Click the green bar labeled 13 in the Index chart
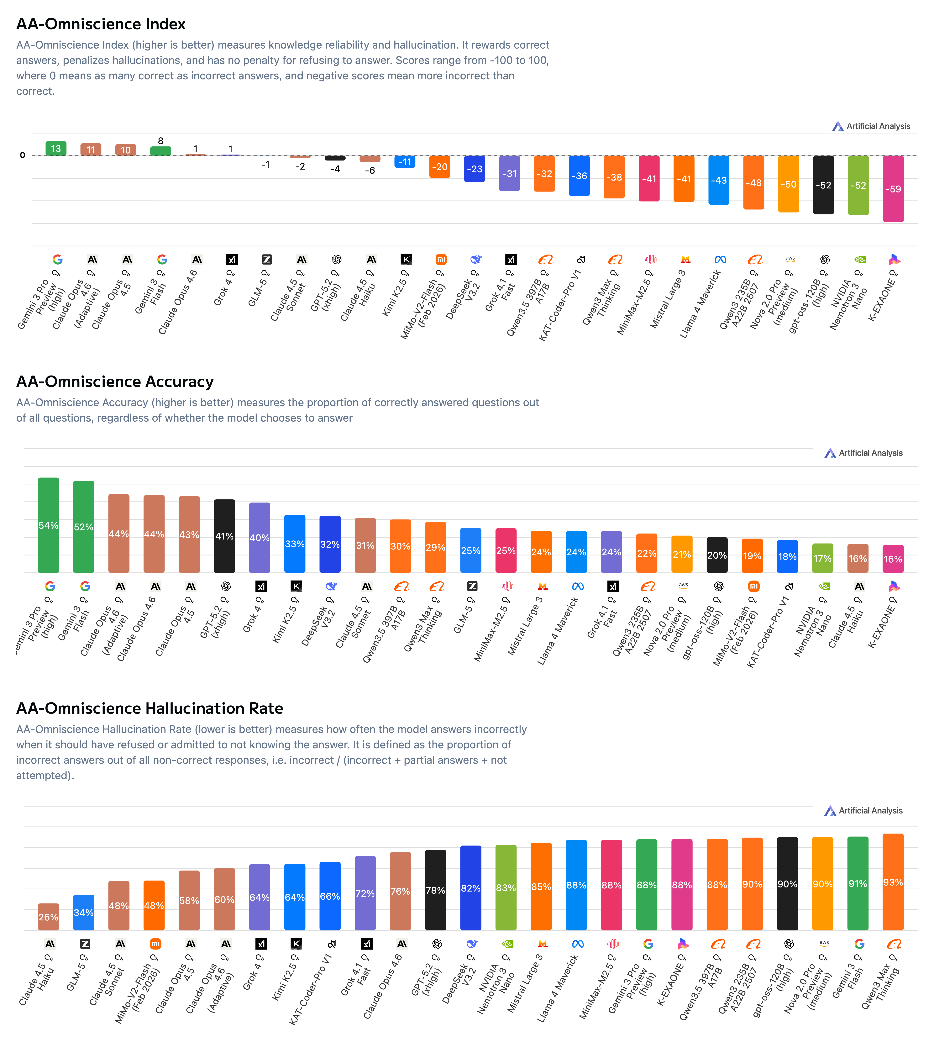[56, 149]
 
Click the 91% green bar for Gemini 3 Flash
[858, 883]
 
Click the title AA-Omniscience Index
[101, 24]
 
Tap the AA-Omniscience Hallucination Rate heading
[149, 708]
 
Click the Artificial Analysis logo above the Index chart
[871, 126]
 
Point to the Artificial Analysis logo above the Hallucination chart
[863, 811]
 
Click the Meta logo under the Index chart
[720, 260]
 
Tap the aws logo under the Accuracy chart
[683, 585]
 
